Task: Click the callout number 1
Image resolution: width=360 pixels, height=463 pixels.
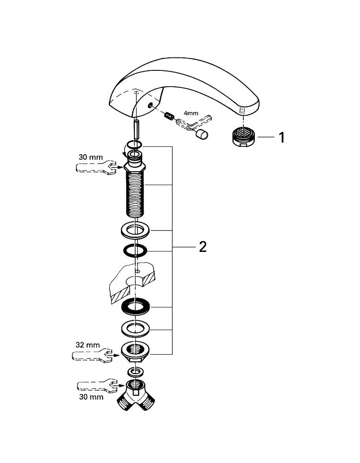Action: [x=282, y=138]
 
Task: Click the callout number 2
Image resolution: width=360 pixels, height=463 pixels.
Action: [x=203, y=247]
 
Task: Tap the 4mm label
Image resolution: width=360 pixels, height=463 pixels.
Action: [x=191, y=113]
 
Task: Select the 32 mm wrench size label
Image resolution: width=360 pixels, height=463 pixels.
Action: [x=88, y=345]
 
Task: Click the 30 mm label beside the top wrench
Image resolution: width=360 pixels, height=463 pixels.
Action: [x=91, y=157]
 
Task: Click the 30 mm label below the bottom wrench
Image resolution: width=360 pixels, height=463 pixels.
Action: [x=91, y=397]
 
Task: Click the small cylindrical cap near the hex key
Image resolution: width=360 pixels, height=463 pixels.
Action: [x=202, y=134]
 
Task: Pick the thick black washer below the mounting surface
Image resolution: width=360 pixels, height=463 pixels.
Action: [x=135, y=307]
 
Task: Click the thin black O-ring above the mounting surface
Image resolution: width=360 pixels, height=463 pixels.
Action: [x=135, y=250]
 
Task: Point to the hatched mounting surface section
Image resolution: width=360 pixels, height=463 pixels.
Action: [x=133, y=283]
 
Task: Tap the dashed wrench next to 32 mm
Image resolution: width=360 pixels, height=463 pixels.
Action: [x=92, y=354]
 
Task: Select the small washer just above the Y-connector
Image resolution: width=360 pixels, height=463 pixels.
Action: [x=135, y=372]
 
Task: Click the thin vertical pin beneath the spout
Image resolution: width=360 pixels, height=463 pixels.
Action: [x=136, y=131]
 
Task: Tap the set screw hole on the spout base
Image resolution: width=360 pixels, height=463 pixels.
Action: [x=151, y=105]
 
